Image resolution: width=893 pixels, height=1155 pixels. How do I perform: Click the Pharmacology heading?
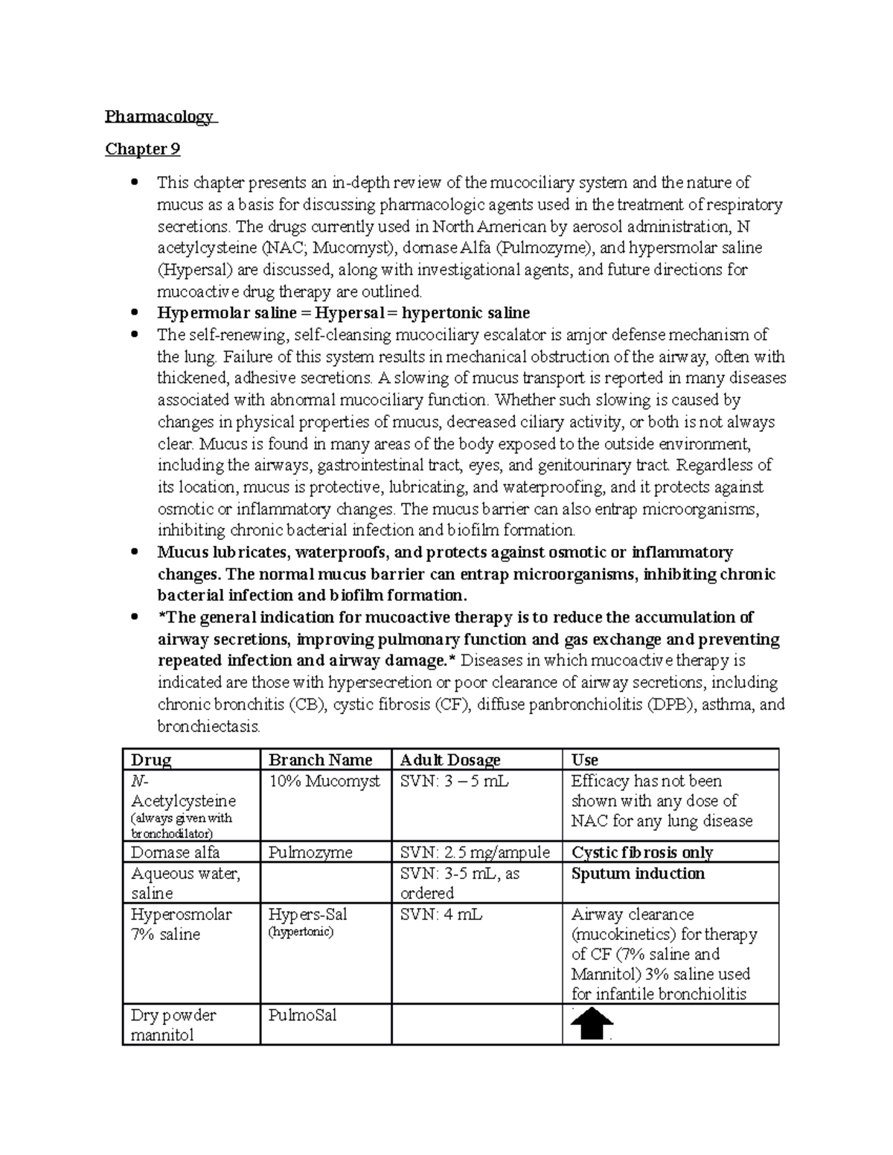click(x=159, y=117)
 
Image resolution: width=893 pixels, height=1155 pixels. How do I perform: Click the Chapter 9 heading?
click(x=142, y=149)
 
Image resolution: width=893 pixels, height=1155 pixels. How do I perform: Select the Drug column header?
click(x=151, y=759)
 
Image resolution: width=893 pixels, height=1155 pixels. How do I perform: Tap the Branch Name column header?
click(x=320, y=759)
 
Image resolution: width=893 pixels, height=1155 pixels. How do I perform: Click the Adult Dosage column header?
click(x=450, y=759)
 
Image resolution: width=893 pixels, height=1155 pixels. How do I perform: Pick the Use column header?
click(x=585, y=759)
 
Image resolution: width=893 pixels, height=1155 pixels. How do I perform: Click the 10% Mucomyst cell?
click(x=324, y=781)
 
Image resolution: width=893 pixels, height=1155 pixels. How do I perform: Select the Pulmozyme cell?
click(x=310, y=852)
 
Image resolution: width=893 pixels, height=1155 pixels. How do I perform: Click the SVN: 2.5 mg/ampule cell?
click(x=475, y=852)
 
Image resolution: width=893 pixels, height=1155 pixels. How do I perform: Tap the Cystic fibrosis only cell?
click(x=641, y=852)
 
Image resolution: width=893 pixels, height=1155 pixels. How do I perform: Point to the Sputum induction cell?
click(x=638, y=873)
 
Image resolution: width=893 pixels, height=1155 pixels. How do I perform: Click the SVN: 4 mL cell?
click(x=441, y=914)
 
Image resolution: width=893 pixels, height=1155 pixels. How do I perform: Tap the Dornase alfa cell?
click(x=176, y=852)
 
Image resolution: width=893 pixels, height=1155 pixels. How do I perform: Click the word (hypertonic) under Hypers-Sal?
click(x=301, y=931)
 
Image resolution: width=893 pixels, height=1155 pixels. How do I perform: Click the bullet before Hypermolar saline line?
click(x=134, y=313)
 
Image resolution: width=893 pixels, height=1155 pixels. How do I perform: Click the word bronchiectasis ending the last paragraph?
click(x=208, y=727)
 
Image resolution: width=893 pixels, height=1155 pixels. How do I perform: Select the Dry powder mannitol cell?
click(x=173, y=1024)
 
